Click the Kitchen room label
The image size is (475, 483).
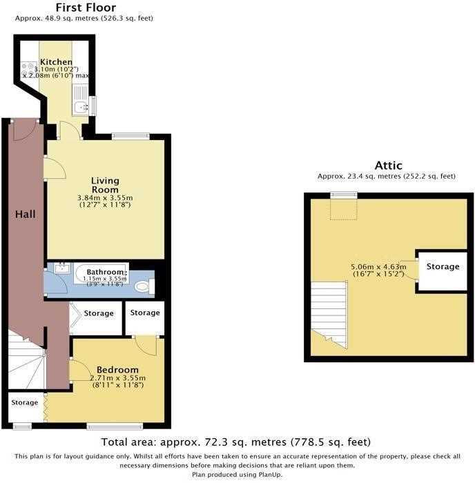(x=56, y=61)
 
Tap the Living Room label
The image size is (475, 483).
(x=105, y=185)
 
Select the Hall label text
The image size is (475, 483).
(x=26, y=214)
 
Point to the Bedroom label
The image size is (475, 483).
(x=117, y=370)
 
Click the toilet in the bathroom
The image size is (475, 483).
(x=144, y=286)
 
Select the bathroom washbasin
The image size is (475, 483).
(x=62, y=268)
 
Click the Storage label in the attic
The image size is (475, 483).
(x=443, y=266)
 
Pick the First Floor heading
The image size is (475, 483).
(x=86, y=8)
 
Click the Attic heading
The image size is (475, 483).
(x=389, y=166)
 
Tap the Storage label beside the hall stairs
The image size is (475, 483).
(x=25, y=402)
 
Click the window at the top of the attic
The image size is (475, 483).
(x=344, y=195)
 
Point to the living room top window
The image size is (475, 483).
(x=130, y=137)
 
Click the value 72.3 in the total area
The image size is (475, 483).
(x=213, y=442)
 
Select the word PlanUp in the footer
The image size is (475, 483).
(x=269, y=475)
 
